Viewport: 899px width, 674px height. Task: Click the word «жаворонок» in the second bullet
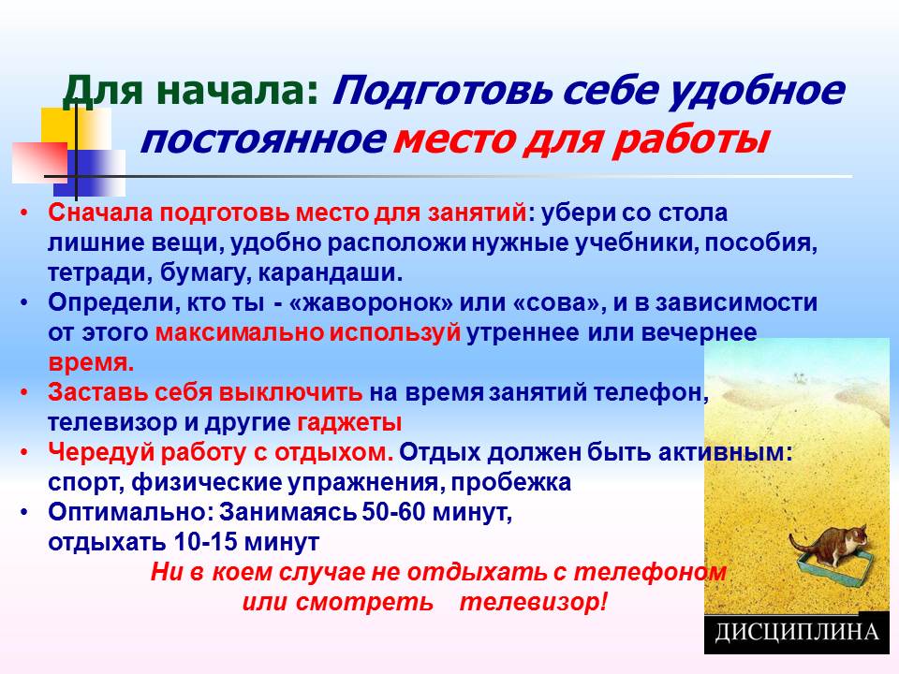point(372,302)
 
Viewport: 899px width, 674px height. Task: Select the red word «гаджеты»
point(349,423)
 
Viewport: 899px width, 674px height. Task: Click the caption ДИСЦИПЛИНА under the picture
point(796,632)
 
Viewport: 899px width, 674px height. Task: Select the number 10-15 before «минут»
point(205,542)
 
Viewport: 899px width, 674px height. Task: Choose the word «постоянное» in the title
point(261,140)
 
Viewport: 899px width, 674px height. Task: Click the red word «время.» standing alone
point(91,363)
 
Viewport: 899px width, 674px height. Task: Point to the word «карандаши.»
point(331,273)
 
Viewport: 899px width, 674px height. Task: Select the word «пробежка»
point(511,483)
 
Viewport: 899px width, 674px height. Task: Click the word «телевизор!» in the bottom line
point(533,602)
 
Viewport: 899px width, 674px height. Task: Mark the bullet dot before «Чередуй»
point(24,453)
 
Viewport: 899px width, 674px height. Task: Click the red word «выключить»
point(290,392)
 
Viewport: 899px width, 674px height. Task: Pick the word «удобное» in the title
point(757,91)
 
